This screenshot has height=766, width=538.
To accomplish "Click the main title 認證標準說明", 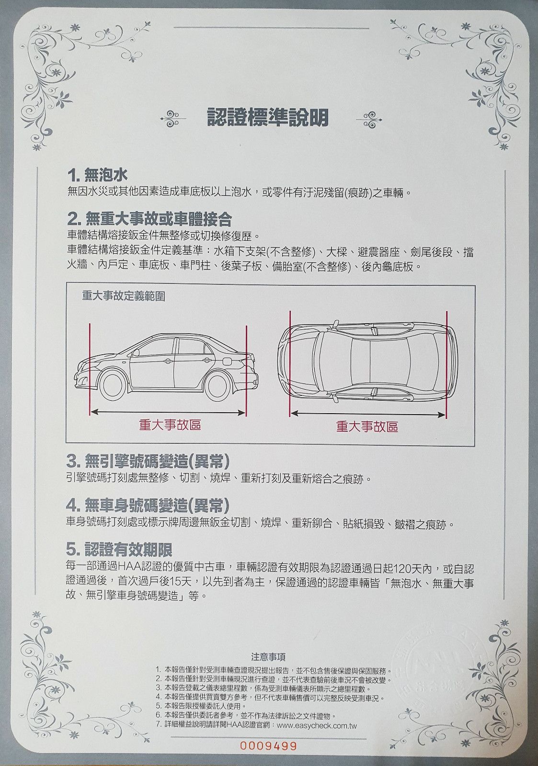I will coord(268,116).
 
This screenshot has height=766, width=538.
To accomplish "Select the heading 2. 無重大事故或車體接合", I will coord(149,219).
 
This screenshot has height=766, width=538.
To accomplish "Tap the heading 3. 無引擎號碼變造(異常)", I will coord(148,462).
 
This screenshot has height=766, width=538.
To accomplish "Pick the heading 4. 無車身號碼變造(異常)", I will coord(148,505).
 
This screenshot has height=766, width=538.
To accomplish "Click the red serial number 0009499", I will coord(268,746).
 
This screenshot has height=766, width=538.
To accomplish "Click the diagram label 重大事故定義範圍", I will coord(124,296).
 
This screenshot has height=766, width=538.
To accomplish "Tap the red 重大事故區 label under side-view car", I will coord(170,425).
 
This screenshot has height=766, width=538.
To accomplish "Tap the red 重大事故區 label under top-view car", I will coord(367,426).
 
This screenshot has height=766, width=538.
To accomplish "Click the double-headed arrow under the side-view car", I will coord(168,411).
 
